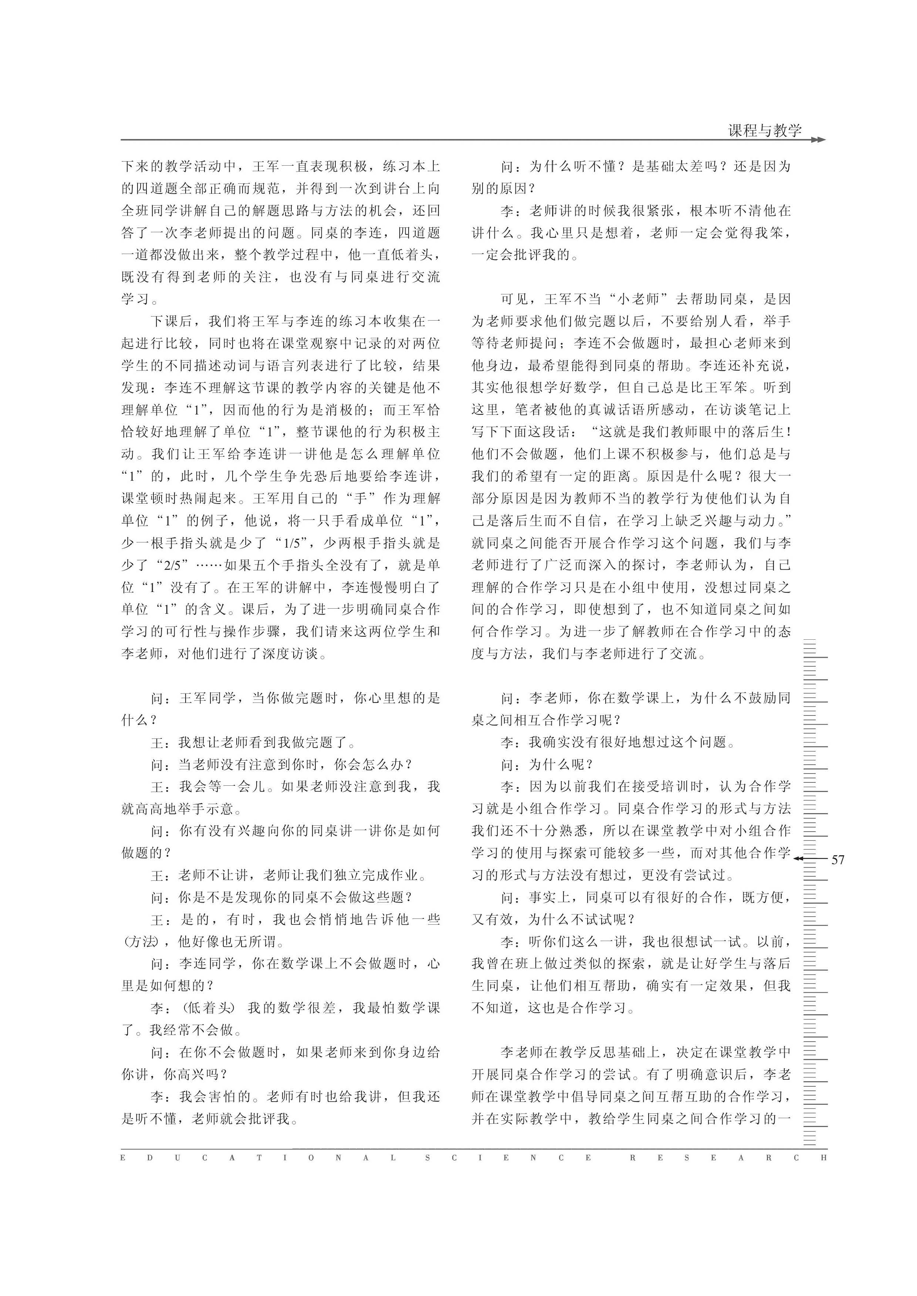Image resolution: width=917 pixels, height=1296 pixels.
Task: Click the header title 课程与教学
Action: [765, 131]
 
